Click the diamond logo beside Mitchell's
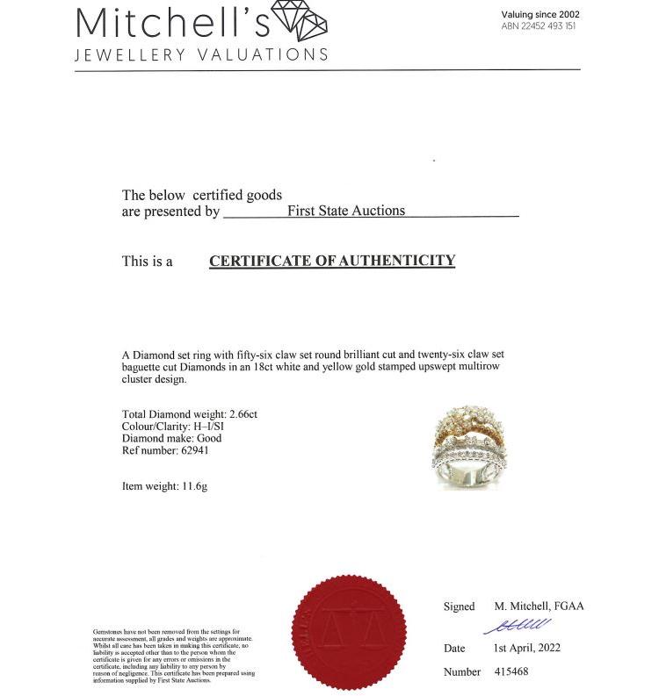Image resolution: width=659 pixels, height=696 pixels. [300, 21]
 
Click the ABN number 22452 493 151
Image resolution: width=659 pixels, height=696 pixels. [539, 26]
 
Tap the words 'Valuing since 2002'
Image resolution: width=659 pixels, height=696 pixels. [540, 14]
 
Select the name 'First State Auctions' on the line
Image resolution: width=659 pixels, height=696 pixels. [346, 211]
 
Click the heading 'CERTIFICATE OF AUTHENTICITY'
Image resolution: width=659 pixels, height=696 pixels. [332, 261]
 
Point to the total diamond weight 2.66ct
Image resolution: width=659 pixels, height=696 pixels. [243, 413]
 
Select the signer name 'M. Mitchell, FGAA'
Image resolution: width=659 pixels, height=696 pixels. [539, 606]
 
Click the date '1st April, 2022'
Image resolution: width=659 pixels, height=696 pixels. [526, 649]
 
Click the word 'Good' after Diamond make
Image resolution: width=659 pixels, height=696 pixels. [209, 438]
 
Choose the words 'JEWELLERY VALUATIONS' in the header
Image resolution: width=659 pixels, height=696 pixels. [201, 54]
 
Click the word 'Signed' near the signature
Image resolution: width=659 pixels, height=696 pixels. [459, 606]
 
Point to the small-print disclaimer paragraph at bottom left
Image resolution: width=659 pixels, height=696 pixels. [173, 656]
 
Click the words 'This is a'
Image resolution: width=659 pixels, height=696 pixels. [147, 262]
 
